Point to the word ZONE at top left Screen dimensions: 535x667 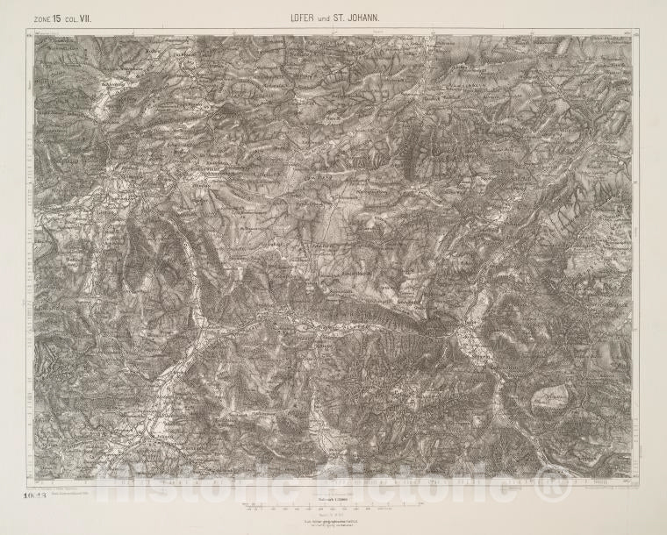42,18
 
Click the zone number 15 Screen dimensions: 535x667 57,17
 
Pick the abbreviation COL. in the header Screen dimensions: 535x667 71,18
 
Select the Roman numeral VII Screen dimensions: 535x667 85,17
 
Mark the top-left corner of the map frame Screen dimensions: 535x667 35,35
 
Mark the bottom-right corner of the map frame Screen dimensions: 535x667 632,481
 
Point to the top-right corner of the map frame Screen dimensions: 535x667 632,35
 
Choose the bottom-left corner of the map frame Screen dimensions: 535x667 35,481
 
